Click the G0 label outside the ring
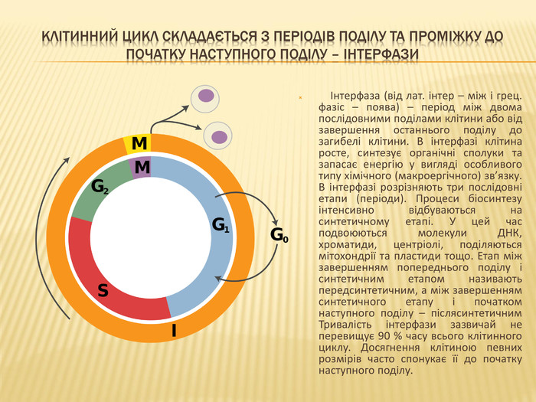click(279, 235)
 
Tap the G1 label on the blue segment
click(221, 225)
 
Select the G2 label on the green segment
click(100, 188)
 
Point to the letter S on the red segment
click(103, 290)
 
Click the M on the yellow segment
click(139, 144)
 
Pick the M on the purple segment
click(142, 168)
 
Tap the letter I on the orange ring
click(174, 331)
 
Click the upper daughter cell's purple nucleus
click(206, 96)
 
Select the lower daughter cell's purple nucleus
click(219, 137)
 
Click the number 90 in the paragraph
click(384, 336)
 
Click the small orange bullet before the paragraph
click(300, 98)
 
